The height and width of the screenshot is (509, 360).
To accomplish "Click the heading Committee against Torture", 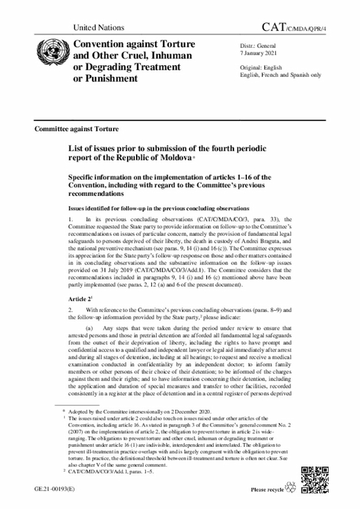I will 76,129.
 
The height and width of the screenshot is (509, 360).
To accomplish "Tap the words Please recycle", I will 267,490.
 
